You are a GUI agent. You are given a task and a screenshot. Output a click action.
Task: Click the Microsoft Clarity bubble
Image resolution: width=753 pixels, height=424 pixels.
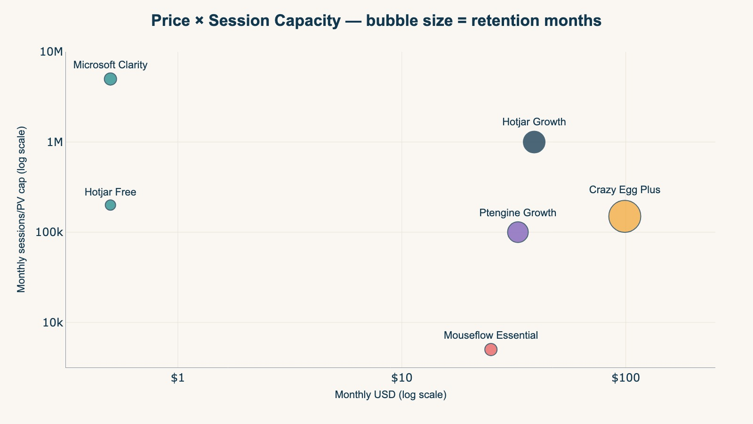tap(110, 79)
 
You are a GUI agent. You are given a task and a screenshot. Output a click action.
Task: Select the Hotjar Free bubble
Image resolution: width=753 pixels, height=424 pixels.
tap(110, 205)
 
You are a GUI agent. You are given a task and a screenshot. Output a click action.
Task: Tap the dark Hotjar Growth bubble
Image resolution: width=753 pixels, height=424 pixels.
tap(534, 142)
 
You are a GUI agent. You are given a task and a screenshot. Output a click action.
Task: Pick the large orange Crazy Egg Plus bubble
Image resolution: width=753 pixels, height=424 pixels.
tap(625, 216)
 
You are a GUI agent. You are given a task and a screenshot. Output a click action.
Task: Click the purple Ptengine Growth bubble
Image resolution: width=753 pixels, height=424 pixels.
tap(518, 232)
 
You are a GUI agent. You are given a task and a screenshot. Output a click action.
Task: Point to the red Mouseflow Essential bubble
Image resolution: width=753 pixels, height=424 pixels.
tap(491, 350)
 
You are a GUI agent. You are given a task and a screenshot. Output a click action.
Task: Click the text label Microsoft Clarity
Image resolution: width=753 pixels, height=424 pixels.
tap(110, 65)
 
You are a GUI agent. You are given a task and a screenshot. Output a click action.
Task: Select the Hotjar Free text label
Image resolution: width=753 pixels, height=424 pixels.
tap(110, 192)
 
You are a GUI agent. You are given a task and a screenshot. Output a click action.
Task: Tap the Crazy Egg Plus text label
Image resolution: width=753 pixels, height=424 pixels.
tap(625, 190)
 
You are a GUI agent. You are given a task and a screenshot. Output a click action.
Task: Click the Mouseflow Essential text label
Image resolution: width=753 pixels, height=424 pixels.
tap(491, 335)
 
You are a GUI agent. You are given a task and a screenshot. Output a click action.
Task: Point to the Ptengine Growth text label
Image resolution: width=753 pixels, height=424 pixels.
tap(518, 213)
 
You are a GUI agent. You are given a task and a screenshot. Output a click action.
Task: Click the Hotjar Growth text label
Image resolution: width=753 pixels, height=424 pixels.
tap(534, 122)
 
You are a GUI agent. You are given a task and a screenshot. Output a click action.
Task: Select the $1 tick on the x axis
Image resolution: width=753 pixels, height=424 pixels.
tap(177, 378)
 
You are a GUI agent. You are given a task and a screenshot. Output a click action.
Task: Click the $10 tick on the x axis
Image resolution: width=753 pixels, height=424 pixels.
tap(401, 378)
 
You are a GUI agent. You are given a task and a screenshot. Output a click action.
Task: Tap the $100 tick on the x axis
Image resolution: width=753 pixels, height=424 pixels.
tap(625, 378)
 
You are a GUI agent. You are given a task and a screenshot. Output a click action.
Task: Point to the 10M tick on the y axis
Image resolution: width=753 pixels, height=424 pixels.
tap(52, 52)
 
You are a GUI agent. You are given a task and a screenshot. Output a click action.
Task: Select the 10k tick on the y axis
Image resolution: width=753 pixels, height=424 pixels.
tap(52, 323)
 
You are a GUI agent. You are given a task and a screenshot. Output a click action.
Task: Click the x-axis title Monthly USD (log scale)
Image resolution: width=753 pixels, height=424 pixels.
tap(390, 395)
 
